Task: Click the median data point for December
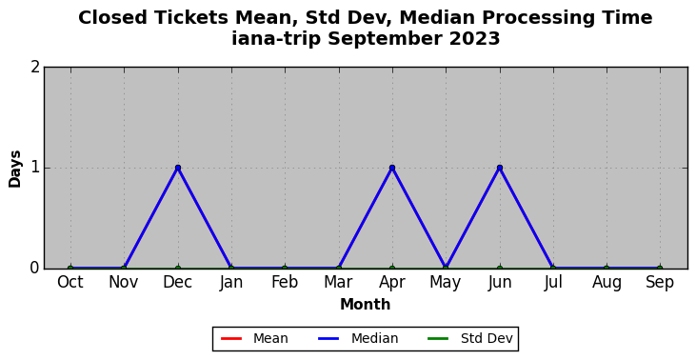click(178, 168)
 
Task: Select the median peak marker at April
click(392, 168)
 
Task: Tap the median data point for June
click(500, 168)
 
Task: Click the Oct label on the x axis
click(70, 282)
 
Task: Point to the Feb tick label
click(285, 282)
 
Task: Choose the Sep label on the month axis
click(660, 283)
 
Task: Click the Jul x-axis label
click(553, 283)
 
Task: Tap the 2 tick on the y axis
click(35, 68)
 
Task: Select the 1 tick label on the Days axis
click(35, 168)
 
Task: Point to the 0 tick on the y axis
click(35, 269)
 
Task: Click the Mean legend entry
click(255, 339)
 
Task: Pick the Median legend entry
click(359, 339)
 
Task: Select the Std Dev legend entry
click(470, 339)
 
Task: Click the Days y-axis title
click(14, 170)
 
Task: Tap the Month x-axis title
click(366, 305)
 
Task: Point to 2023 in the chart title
click(474, 39)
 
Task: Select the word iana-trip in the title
click(275, 39)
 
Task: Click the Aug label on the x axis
click(607, 283)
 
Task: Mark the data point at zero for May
click(447, 269)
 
